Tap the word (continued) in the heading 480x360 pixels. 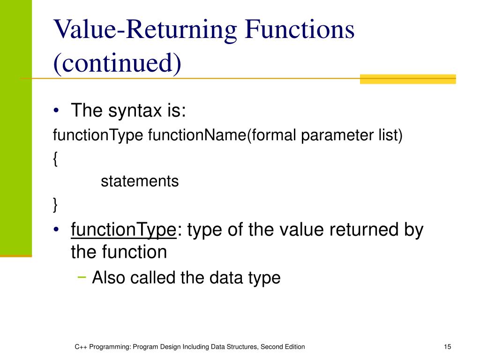(x=117, y=63)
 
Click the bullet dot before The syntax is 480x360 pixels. (x=56, y=112)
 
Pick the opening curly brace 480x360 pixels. (x=55, y=159)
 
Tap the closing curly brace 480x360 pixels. (x=55, y=204)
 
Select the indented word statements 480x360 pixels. (x=140, y=181)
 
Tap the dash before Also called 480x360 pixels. (x=82, y=277)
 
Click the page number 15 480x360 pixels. (x=447, y=346)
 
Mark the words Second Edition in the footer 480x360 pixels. (x=283, y=346)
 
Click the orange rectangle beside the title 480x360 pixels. (x=407, y=79)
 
